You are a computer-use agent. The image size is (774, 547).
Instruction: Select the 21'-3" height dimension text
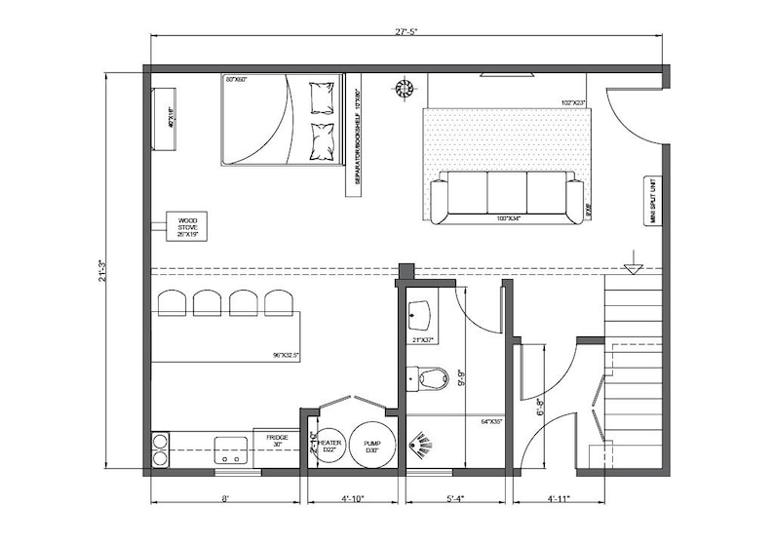pos(100,270)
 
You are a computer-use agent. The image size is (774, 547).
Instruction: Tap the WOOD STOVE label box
pos(187,226)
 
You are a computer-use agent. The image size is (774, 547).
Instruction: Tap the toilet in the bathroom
pos(429,377)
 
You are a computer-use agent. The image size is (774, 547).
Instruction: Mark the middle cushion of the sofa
pos(507,192)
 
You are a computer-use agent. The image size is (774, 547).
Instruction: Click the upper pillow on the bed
pos(322,98)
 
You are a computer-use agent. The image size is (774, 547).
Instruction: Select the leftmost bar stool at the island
pos(172,303)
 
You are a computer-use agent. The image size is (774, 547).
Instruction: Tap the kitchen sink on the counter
pos(231,449)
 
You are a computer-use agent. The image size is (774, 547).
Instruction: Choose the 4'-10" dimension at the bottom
pos(352,498)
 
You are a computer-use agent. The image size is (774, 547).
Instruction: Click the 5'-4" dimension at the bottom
pos(456,498)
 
